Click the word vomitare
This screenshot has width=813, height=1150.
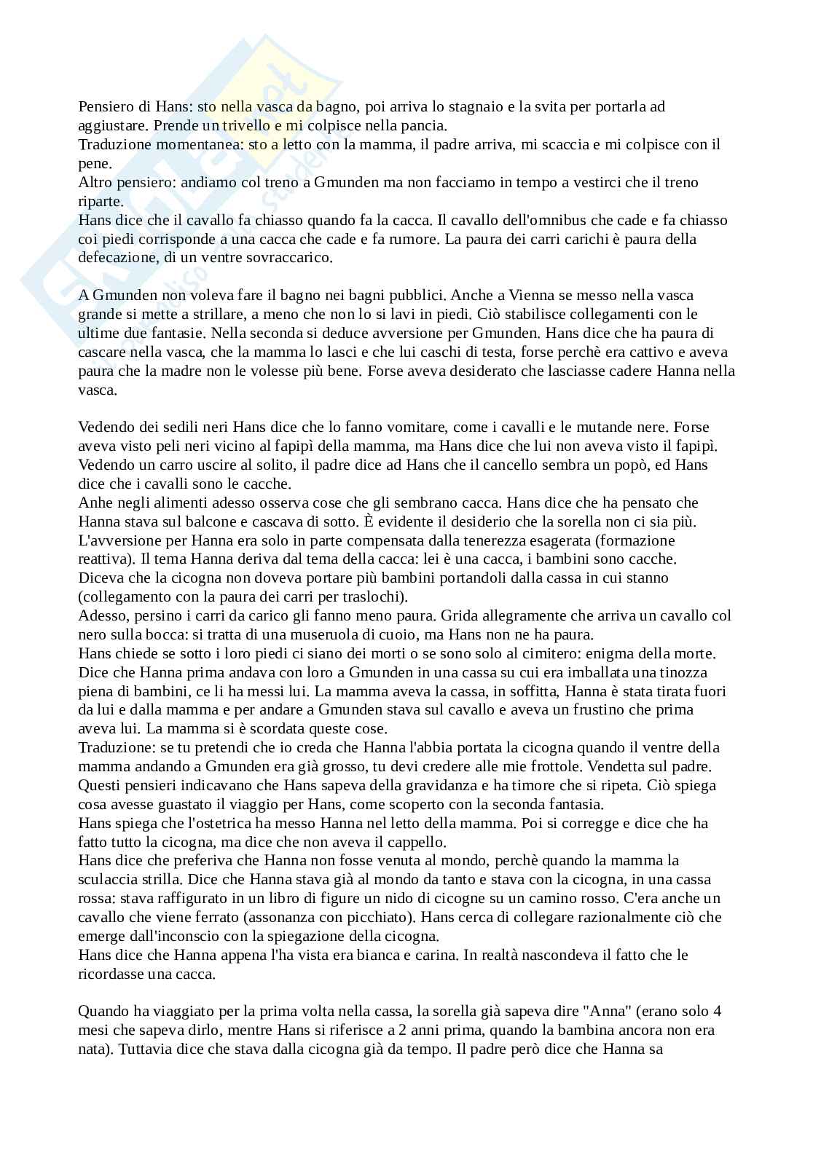(413, 428)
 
